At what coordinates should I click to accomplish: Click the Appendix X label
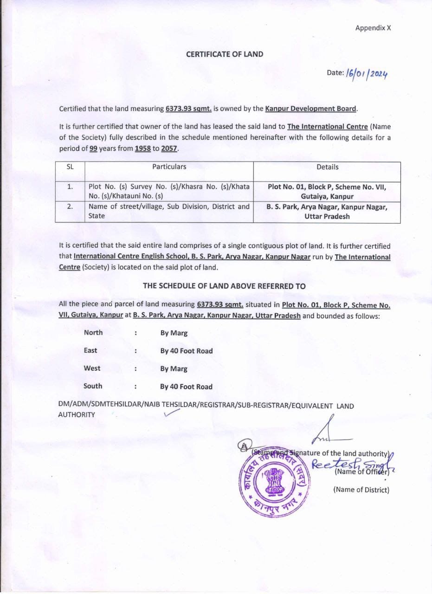coord(373,28)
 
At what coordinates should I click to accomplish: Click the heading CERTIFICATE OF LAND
coord(225,54)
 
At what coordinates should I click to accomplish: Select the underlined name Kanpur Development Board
coord(311,109)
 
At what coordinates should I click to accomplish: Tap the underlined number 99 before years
coord(93,149)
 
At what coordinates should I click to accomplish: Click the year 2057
coord(169,149)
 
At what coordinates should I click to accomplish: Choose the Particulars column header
coord(169,167)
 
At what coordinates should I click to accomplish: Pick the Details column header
coord(327,167)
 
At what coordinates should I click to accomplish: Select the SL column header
coord(70,167)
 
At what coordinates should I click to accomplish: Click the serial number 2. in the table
coord(70,207)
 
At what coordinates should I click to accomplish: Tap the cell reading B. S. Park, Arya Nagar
coord(327,212)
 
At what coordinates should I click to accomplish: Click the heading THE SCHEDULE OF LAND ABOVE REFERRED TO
coord(224,286)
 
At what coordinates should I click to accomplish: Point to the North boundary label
coord(93,333)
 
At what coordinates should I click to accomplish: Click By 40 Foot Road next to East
coord(186,351)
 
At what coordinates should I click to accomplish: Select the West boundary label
coord(92,368)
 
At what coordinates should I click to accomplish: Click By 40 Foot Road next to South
coord(186,387)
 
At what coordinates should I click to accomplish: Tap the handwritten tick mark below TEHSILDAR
coord(172,415)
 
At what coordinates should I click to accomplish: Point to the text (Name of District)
coord(361,490)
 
